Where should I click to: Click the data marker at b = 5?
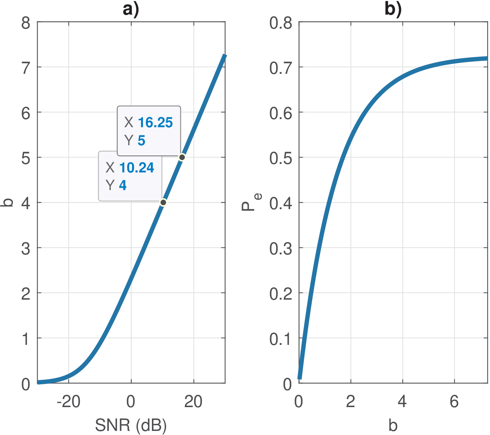pyautogui.click(x=182, y=157)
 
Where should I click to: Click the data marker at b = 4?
pyautogui.click(x=163, y=202)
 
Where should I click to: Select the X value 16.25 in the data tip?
pyautogui.click(x=155, y=122)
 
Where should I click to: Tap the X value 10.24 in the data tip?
pyautogui.click(x=137, y=168)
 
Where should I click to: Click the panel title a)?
pyautogui.click(x=131, y=9)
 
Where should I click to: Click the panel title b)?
pyautogui.click(x=393, y=9)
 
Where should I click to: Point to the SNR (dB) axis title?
pyautogui.click(x=131, y=425)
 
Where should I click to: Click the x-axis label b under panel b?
pyautogui.click(x=393, y=425)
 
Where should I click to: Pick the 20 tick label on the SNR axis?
pyautogui.click(x=193, y=402)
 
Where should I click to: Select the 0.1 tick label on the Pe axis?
pyautogui.click(x=281, y=339)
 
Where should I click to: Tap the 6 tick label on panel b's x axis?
pyautogui.click(x=454, y=402)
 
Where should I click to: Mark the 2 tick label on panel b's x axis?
pyautogui.click(x=351, y=402)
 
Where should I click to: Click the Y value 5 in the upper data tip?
pyautogui.click(x=141, y=140)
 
